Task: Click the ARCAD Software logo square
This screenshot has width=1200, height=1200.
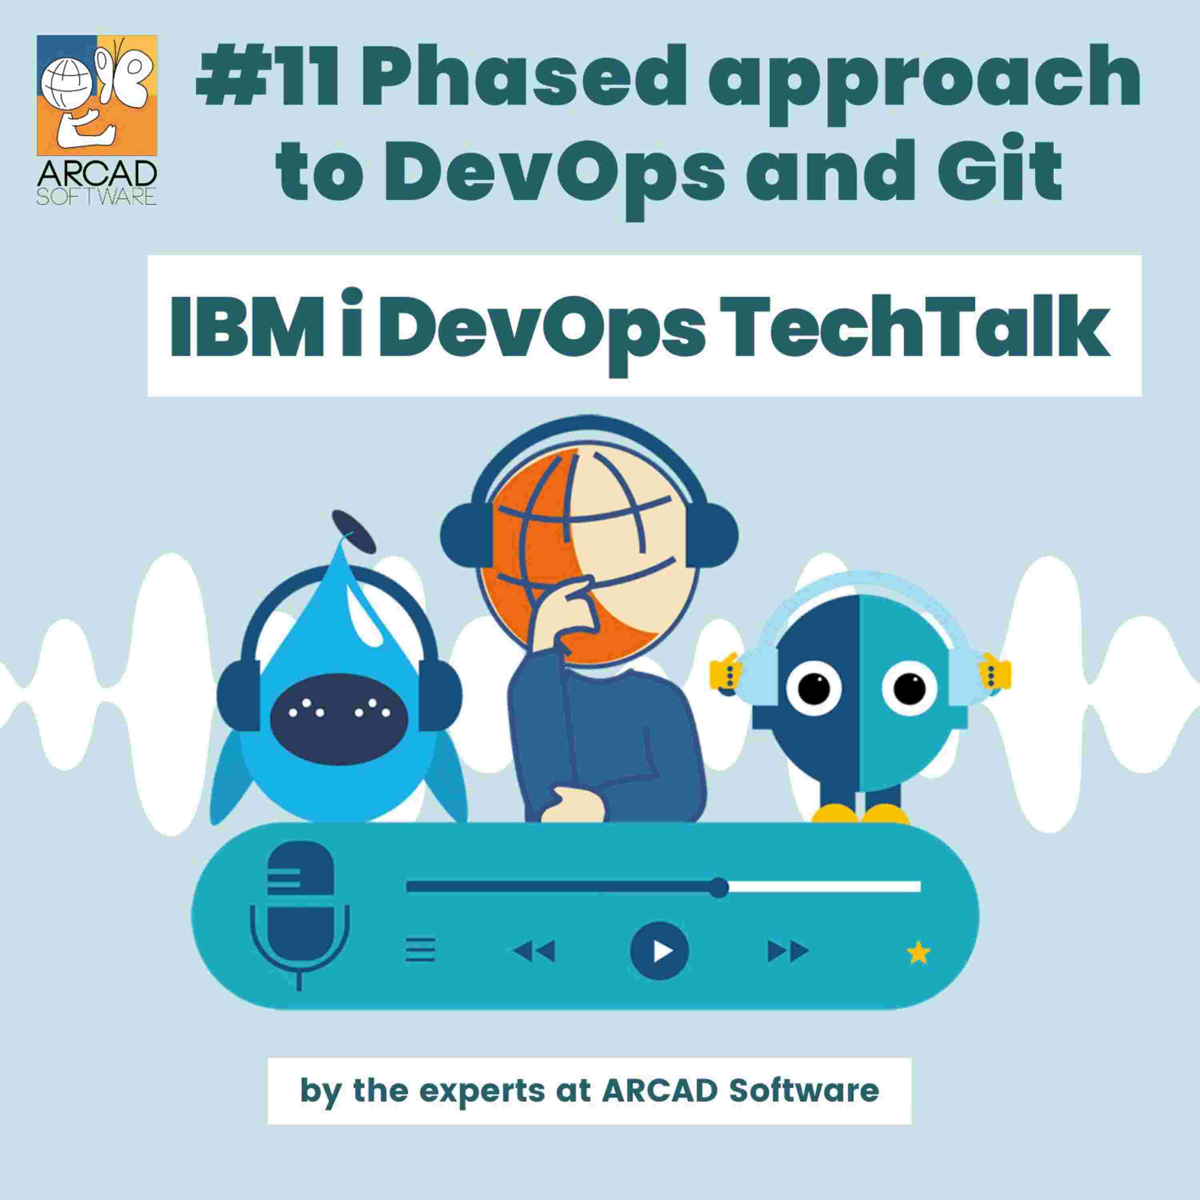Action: coord(97,95)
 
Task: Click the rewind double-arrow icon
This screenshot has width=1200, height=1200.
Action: coord(534,951)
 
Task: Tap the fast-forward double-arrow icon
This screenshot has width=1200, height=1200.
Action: coord(788,951)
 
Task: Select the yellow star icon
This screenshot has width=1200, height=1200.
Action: coord(918,952)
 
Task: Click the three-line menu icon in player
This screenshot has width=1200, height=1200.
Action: coord(420,950)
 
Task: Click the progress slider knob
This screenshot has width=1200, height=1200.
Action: coord(719,887)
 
